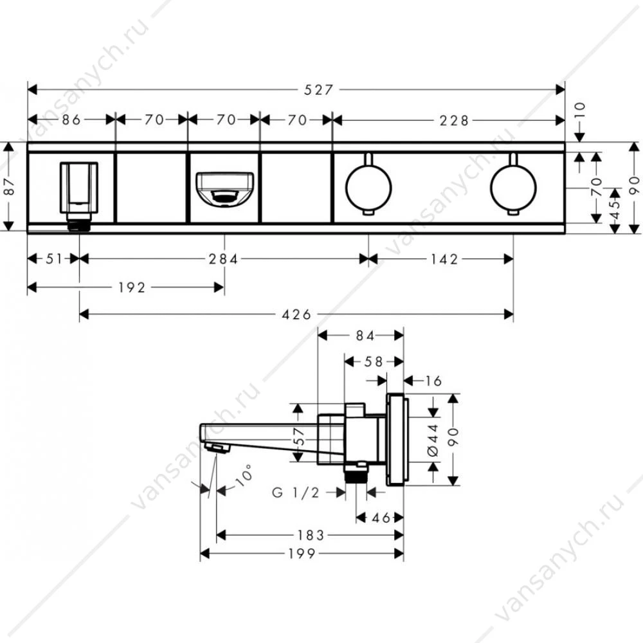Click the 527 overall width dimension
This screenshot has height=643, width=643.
click(318, 90)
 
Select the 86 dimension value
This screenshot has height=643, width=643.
click(71, 120)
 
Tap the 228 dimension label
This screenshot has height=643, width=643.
click(453, 121)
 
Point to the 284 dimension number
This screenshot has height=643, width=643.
click(223, 259)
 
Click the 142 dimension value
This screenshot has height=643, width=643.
click(444, 259)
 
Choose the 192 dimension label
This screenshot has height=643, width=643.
click(132, 287)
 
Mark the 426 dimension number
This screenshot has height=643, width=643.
click(296, 314)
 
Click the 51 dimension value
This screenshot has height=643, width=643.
click(54, 258)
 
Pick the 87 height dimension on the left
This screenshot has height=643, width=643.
click(10, 186)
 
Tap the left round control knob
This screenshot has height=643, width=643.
click(368, 187)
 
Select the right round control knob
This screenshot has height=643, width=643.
click(513, 187)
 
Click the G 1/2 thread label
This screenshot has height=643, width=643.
click(296, 493)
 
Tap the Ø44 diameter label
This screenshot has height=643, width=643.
click(433, 440)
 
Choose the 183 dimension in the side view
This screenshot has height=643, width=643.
click(311, 535)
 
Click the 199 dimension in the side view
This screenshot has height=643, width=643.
click(302, 554)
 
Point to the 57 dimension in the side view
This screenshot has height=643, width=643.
click(300, 437)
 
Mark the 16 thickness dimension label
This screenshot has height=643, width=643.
click(433, 381)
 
